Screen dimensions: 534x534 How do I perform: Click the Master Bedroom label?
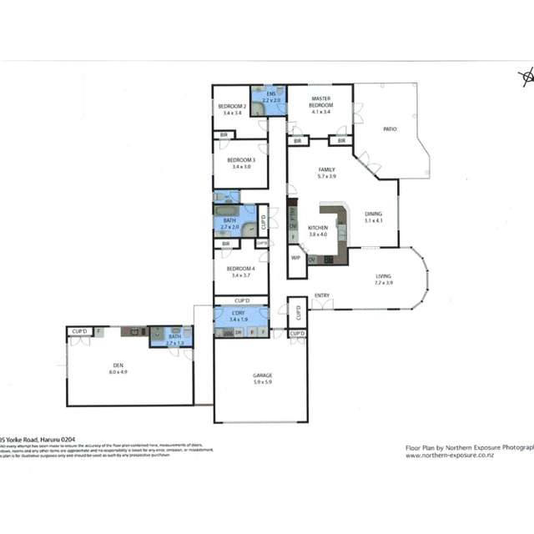(321, 102)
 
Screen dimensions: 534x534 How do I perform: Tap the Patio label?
(389, 129)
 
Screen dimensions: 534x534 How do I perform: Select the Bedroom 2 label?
(231, 106)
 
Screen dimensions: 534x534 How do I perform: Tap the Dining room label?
(373, 214)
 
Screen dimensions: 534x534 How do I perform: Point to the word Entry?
(321, 296)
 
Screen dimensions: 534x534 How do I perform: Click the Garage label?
(263, 375)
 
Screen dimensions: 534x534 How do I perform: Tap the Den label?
(118, 365)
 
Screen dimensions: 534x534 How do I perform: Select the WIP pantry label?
(295, 258)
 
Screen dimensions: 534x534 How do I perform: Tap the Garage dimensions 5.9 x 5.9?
(263, 382)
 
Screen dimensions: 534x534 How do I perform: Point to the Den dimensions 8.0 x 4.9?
(118, 371)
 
